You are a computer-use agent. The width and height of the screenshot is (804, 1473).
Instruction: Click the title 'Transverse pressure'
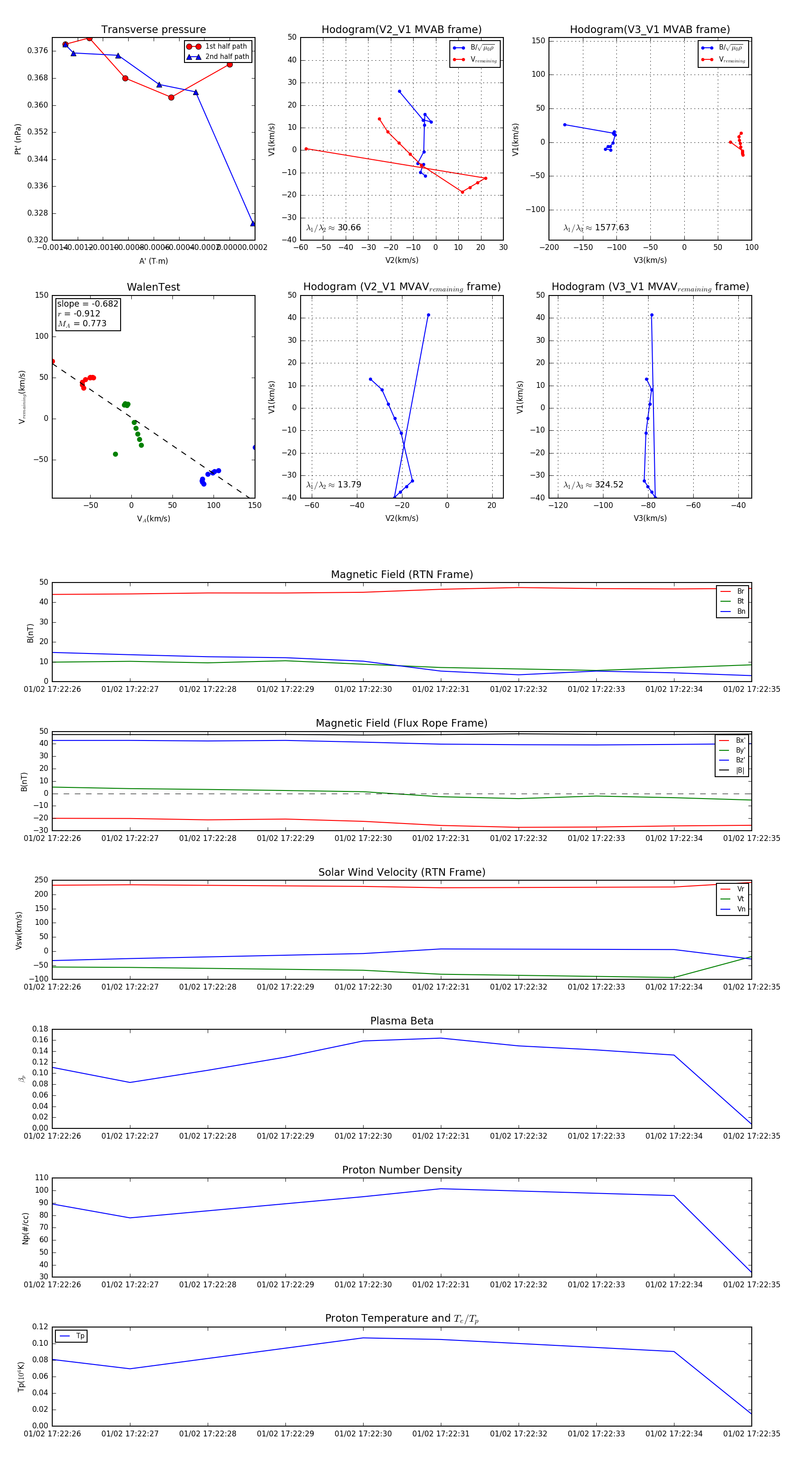click(x=153, y=30)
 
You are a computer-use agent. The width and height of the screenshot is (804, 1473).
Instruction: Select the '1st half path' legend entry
click(x=226, y=46)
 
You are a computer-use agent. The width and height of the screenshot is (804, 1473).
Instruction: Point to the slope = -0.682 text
click(x=87, y=304)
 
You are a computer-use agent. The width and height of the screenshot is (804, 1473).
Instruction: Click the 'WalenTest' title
click(x=153, y=287)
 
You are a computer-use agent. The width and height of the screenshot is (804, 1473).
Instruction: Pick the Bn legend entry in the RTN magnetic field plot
click(x=741, y=611)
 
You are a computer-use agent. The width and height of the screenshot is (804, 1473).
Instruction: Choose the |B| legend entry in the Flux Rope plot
click(x=740, y=770)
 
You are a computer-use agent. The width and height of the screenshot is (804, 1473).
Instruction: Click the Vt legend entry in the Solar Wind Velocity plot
click(x=741, y=899)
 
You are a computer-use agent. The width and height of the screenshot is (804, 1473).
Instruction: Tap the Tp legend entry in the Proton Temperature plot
click(x=80, y=1336)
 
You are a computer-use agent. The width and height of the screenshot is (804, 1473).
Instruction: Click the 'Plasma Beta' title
click(x=402, y=1021)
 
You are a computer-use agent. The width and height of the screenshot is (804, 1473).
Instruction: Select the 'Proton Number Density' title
click(x=402, y=1170)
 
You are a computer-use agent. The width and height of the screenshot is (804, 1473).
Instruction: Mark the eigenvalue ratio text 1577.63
click(x=612, y=228)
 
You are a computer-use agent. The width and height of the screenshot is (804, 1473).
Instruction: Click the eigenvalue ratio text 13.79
click(x=349, y=485)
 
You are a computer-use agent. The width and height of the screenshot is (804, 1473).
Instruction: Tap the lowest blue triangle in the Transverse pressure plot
click(x=253, y=224)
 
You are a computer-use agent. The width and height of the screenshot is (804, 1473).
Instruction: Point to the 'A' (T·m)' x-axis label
click(x=153, y=261)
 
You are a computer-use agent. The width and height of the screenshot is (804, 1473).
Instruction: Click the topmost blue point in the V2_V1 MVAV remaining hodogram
click(x=428, y=315)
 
